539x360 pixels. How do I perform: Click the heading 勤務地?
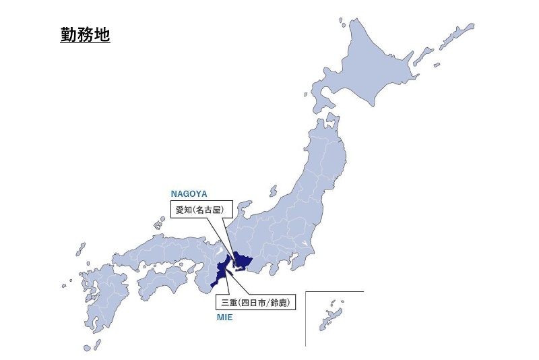[x=85, y=34]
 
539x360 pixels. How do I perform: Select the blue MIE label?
[x=224, y=316]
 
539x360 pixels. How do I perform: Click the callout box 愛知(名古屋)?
[x=199, y=210]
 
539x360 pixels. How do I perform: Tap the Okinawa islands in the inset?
[x=331, y=317]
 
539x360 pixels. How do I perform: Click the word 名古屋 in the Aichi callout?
[x=212, y=210]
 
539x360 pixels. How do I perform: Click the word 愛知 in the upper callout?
[x=183, y=210]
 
